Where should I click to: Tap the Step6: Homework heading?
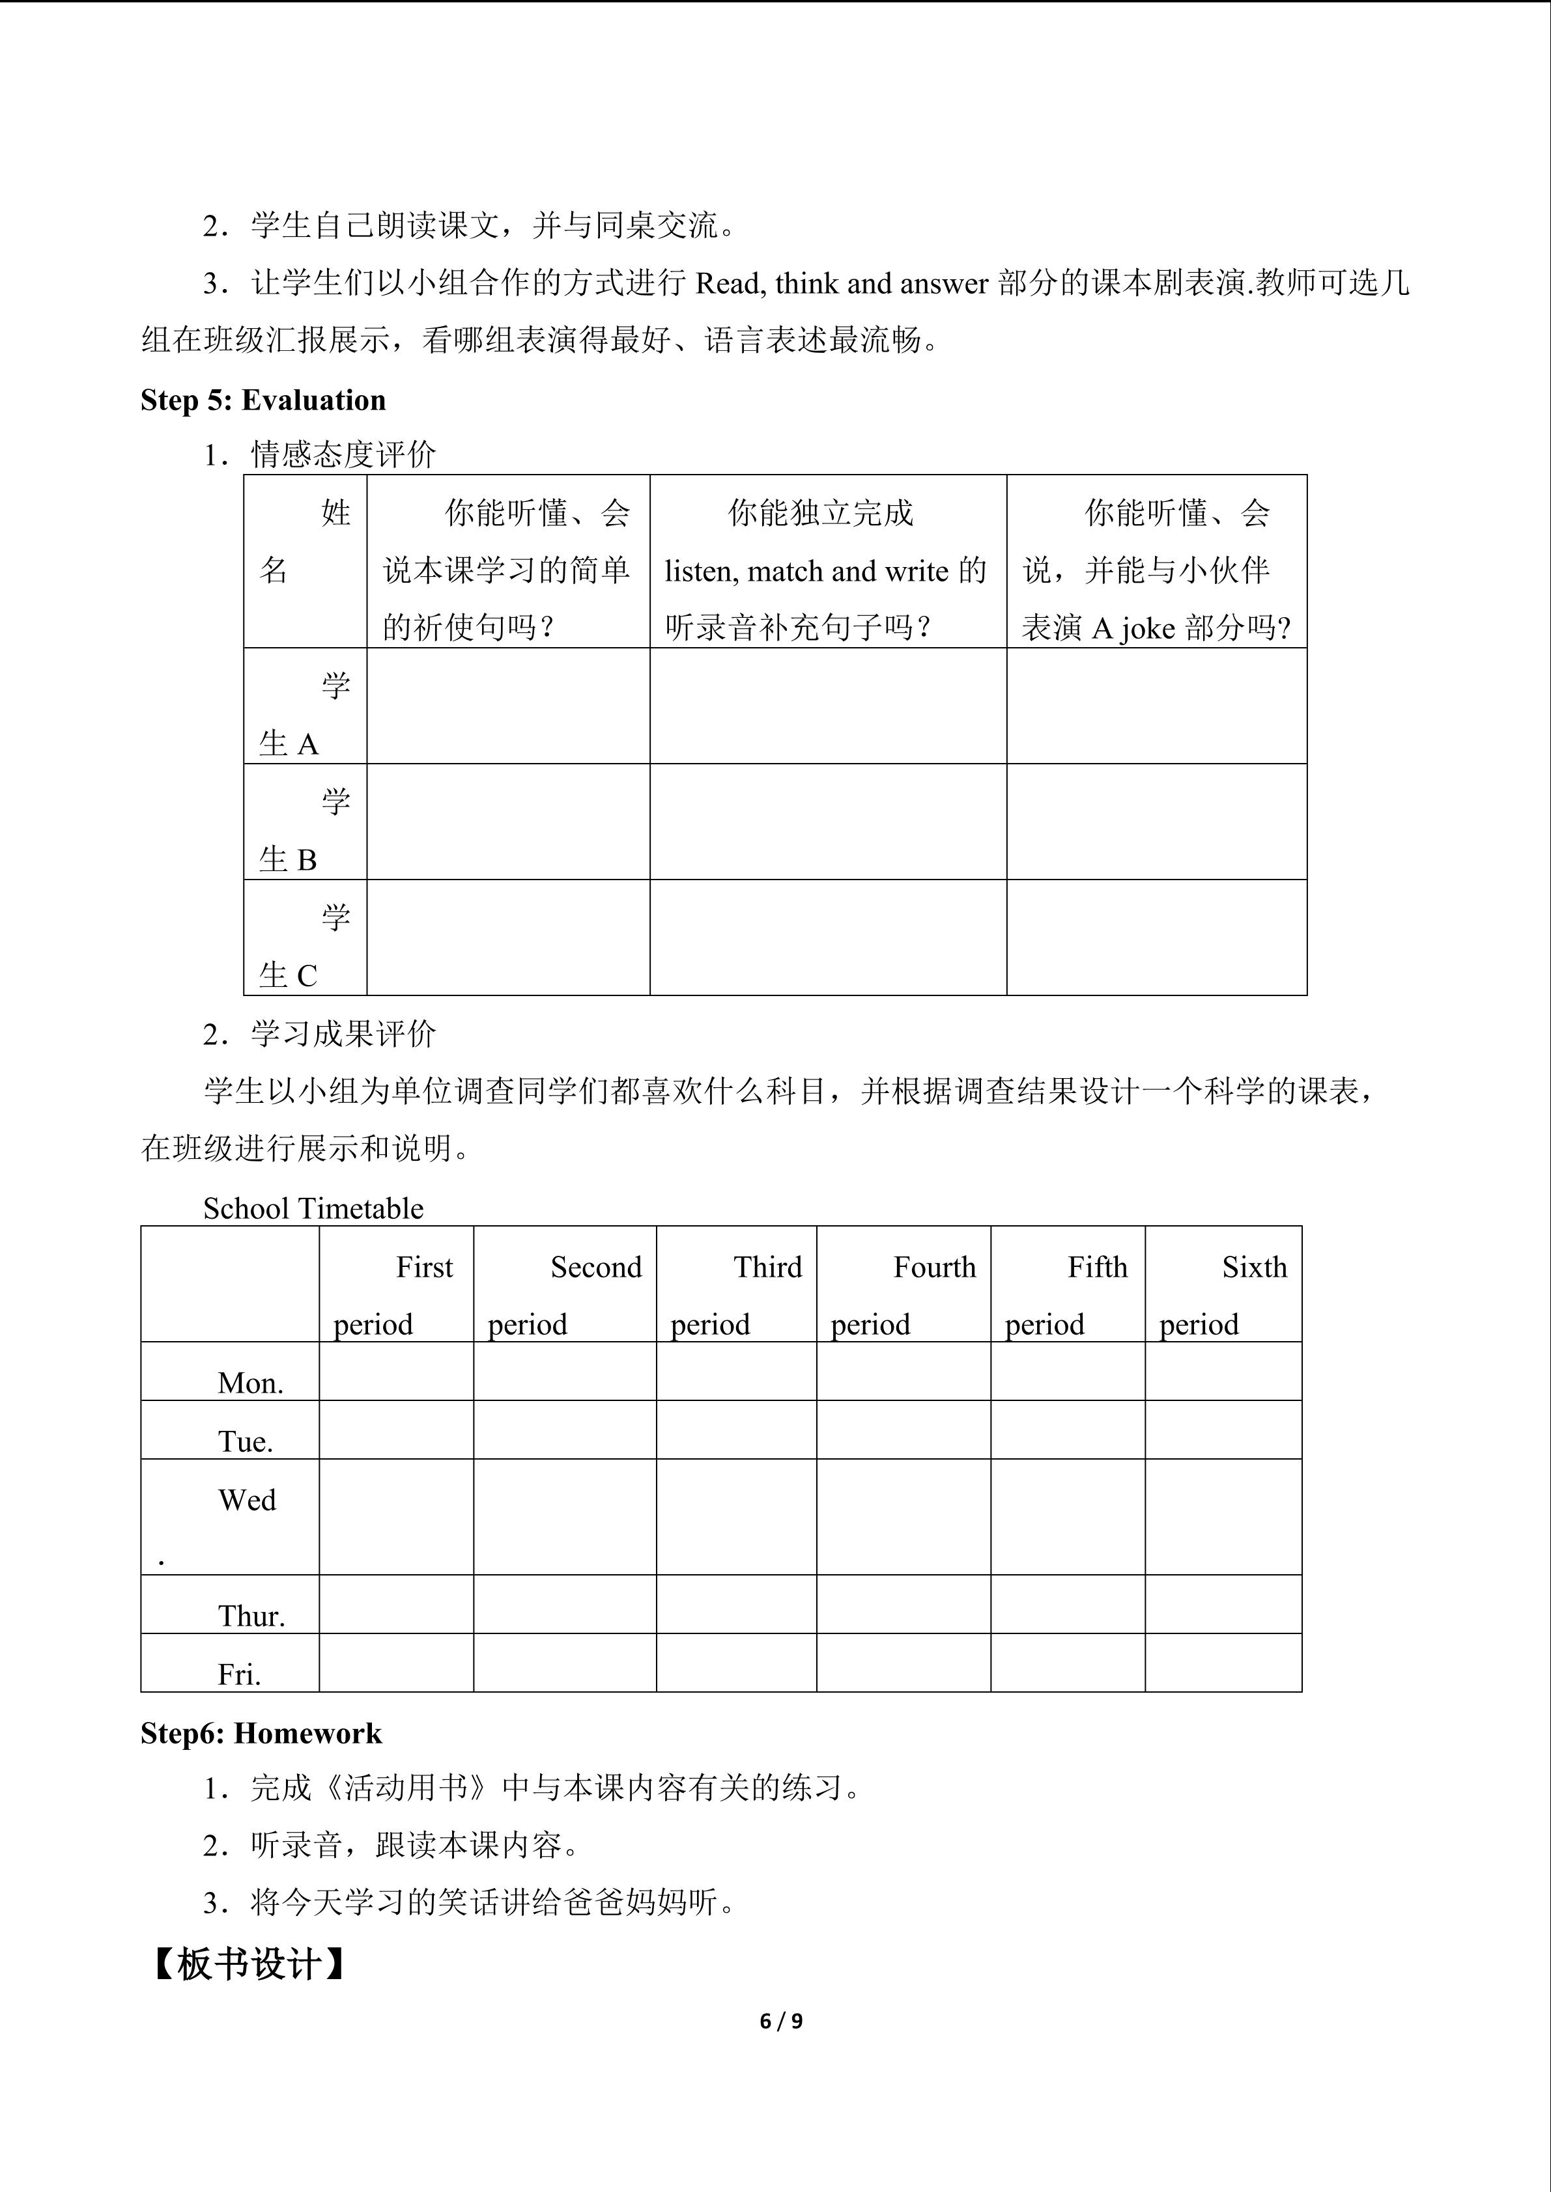tap(261, 1733)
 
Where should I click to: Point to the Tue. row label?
tap(246, 1441)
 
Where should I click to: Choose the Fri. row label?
tap(239, 1674)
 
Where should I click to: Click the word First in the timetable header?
tap(424, 1267)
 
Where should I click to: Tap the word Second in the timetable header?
tap(596, 1267)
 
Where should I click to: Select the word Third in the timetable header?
tap(768, 1267)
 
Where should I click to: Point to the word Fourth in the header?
tap(934, 1267)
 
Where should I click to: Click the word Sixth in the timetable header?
tap(1254, 1267)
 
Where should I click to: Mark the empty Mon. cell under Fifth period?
tap(1068, 1372)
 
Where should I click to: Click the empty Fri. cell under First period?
tap(396, 1663)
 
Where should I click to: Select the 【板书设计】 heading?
tap(249, 1964)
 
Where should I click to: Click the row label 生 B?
tap(287, 859)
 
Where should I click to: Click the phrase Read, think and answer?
tap(842, 284)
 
